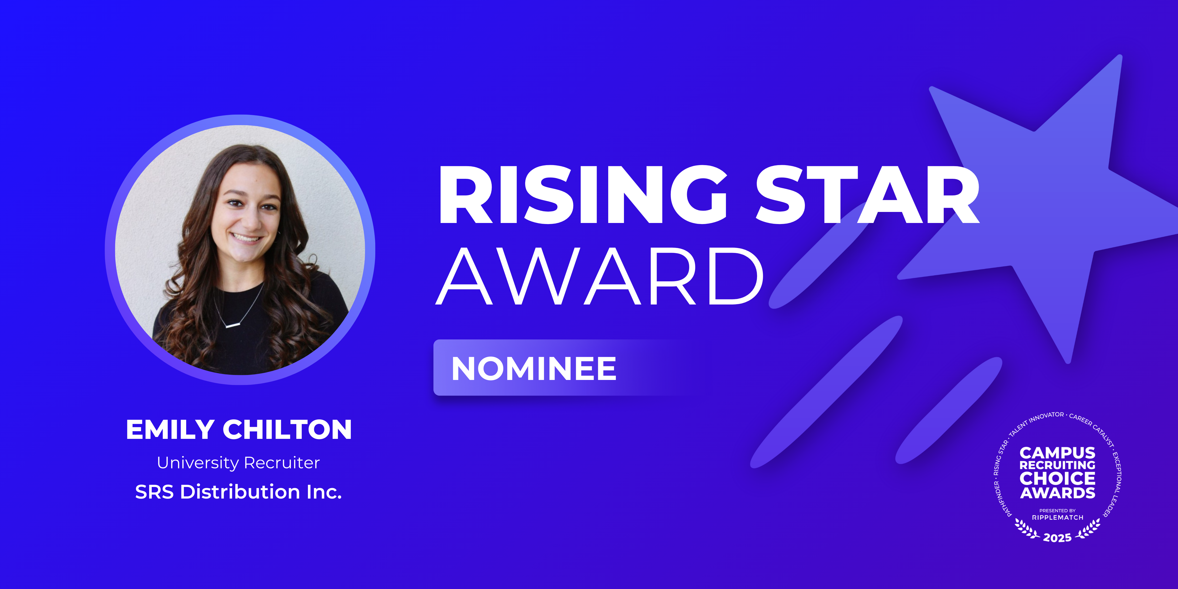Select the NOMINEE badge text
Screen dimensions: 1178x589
[534, 369]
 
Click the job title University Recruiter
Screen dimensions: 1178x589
[238, 463]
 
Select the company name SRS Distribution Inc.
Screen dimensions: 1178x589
[238, 492]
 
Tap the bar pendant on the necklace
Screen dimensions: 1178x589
[233, 325]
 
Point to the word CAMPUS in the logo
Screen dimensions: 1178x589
[1057, 453]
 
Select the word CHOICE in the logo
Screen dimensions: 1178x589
[1057, 478]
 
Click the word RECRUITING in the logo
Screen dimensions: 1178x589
[1057, 465]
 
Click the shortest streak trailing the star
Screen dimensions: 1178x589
[949, 410]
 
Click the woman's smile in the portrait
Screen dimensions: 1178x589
[247, 238]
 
